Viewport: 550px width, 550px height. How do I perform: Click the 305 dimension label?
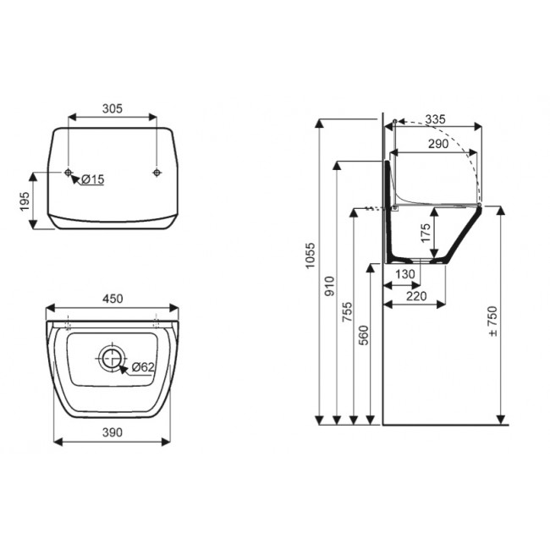click(113, 108)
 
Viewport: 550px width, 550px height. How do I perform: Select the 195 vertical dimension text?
click(25, 201)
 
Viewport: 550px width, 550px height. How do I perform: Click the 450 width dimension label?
click(113, 298)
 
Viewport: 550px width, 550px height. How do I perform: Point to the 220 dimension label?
click(415, 296)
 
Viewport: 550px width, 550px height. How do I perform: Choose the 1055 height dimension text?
click(311, 258)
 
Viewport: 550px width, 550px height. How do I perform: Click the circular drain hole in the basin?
click(111, 359)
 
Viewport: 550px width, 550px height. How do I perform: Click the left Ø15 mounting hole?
click(69, 173)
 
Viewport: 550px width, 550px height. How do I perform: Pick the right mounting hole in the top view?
click(157, 173)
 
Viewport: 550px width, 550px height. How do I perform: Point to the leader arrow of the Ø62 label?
click(124, 366)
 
